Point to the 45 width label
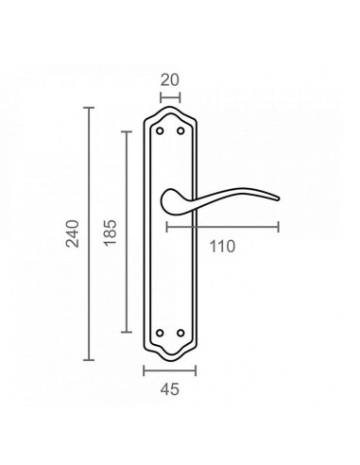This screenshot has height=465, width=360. coord(169,387)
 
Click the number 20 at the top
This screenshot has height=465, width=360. coord(170,81)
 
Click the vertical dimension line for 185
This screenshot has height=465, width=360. coord(125,232)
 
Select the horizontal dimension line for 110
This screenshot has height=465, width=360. coord(222,227)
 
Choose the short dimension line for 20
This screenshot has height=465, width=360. coord(170,95)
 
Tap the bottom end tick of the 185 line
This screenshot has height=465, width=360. coord(125,334)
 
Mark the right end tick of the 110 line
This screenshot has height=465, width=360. coord(279,227)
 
